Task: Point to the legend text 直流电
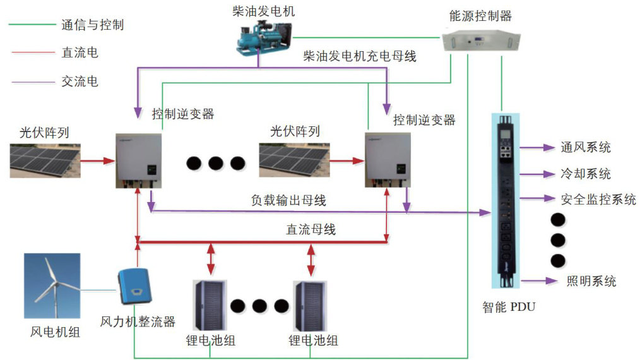point(80,53)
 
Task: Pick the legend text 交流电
point(80,81)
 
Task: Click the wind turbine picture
point(52,287)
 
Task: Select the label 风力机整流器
point(138,321)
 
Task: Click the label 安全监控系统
point(598,200)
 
